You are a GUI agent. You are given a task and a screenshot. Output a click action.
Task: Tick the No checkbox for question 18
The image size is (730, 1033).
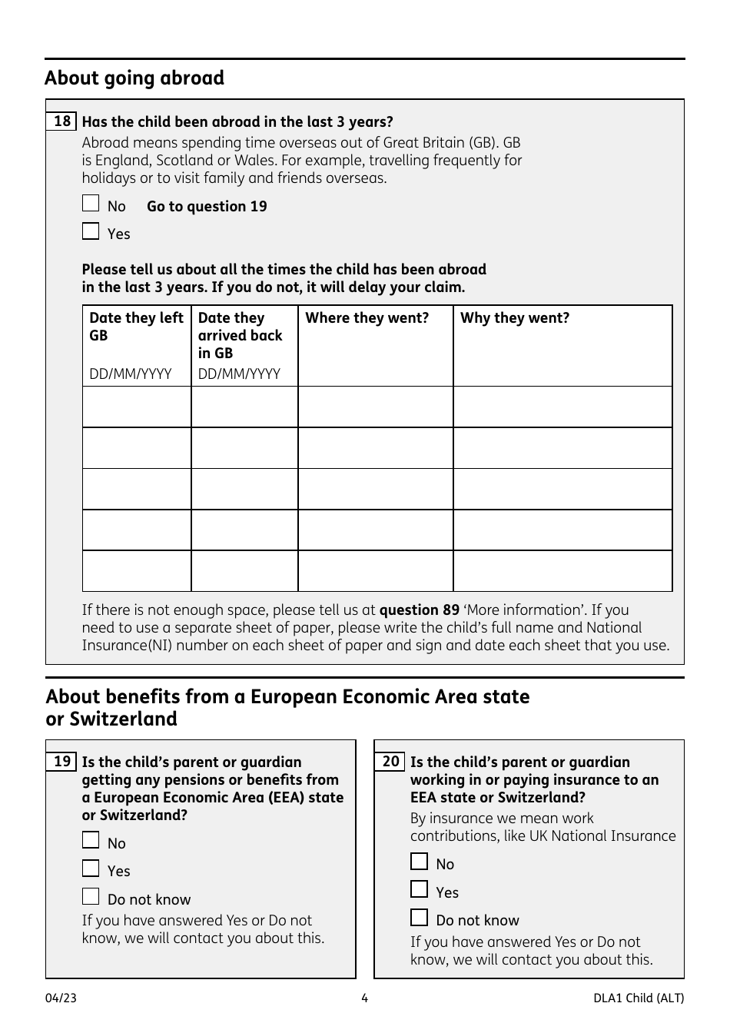point(91,204)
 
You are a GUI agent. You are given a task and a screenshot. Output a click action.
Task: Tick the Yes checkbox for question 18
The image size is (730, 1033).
point(91,231)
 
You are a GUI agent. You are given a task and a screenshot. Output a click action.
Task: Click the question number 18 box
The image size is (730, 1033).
point(61,121)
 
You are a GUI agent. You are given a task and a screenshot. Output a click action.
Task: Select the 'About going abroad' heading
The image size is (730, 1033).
point(134,78)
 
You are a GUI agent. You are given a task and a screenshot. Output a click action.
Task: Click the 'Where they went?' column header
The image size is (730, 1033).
point(367,318)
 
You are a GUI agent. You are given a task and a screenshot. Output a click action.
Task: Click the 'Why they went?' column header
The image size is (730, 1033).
point(515,318)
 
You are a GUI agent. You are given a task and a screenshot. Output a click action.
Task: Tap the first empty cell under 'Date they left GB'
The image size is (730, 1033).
point(137,407)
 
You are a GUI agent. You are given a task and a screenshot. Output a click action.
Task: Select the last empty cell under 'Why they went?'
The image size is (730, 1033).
point(562,571)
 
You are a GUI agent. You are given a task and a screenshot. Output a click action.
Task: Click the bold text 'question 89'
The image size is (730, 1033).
point(419,610)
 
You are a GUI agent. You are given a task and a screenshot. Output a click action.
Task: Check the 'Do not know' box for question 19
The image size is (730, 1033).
point(91,897)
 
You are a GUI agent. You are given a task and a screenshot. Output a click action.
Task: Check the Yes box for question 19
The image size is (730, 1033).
point(91,869)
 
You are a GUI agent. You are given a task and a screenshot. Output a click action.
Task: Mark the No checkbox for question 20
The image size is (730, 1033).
point(419,862)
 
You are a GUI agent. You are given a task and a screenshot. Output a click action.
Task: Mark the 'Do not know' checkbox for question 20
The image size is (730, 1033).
point(419,918)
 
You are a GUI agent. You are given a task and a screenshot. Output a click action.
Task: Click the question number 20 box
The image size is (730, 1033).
point(390,762)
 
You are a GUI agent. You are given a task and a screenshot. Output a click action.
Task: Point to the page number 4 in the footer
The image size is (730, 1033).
point(364,998)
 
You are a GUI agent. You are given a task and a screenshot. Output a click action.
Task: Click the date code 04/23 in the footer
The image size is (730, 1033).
point(61,998)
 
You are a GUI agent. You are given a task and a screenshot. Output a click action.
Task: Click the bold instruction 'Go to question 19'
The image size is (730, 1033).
point(207,207)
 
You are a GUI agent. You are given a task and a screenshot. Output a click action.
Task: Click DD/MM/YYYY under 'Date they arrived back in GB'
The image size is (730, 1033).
point(239,374)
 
